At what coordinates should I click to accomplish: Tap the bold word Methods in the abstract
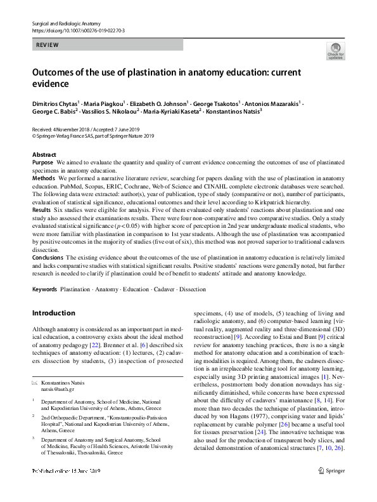point(43,179)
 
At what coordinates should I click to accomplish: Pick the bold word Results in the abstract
point(41,209)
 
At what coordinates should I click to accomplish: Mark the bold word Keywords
point(44,289)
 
